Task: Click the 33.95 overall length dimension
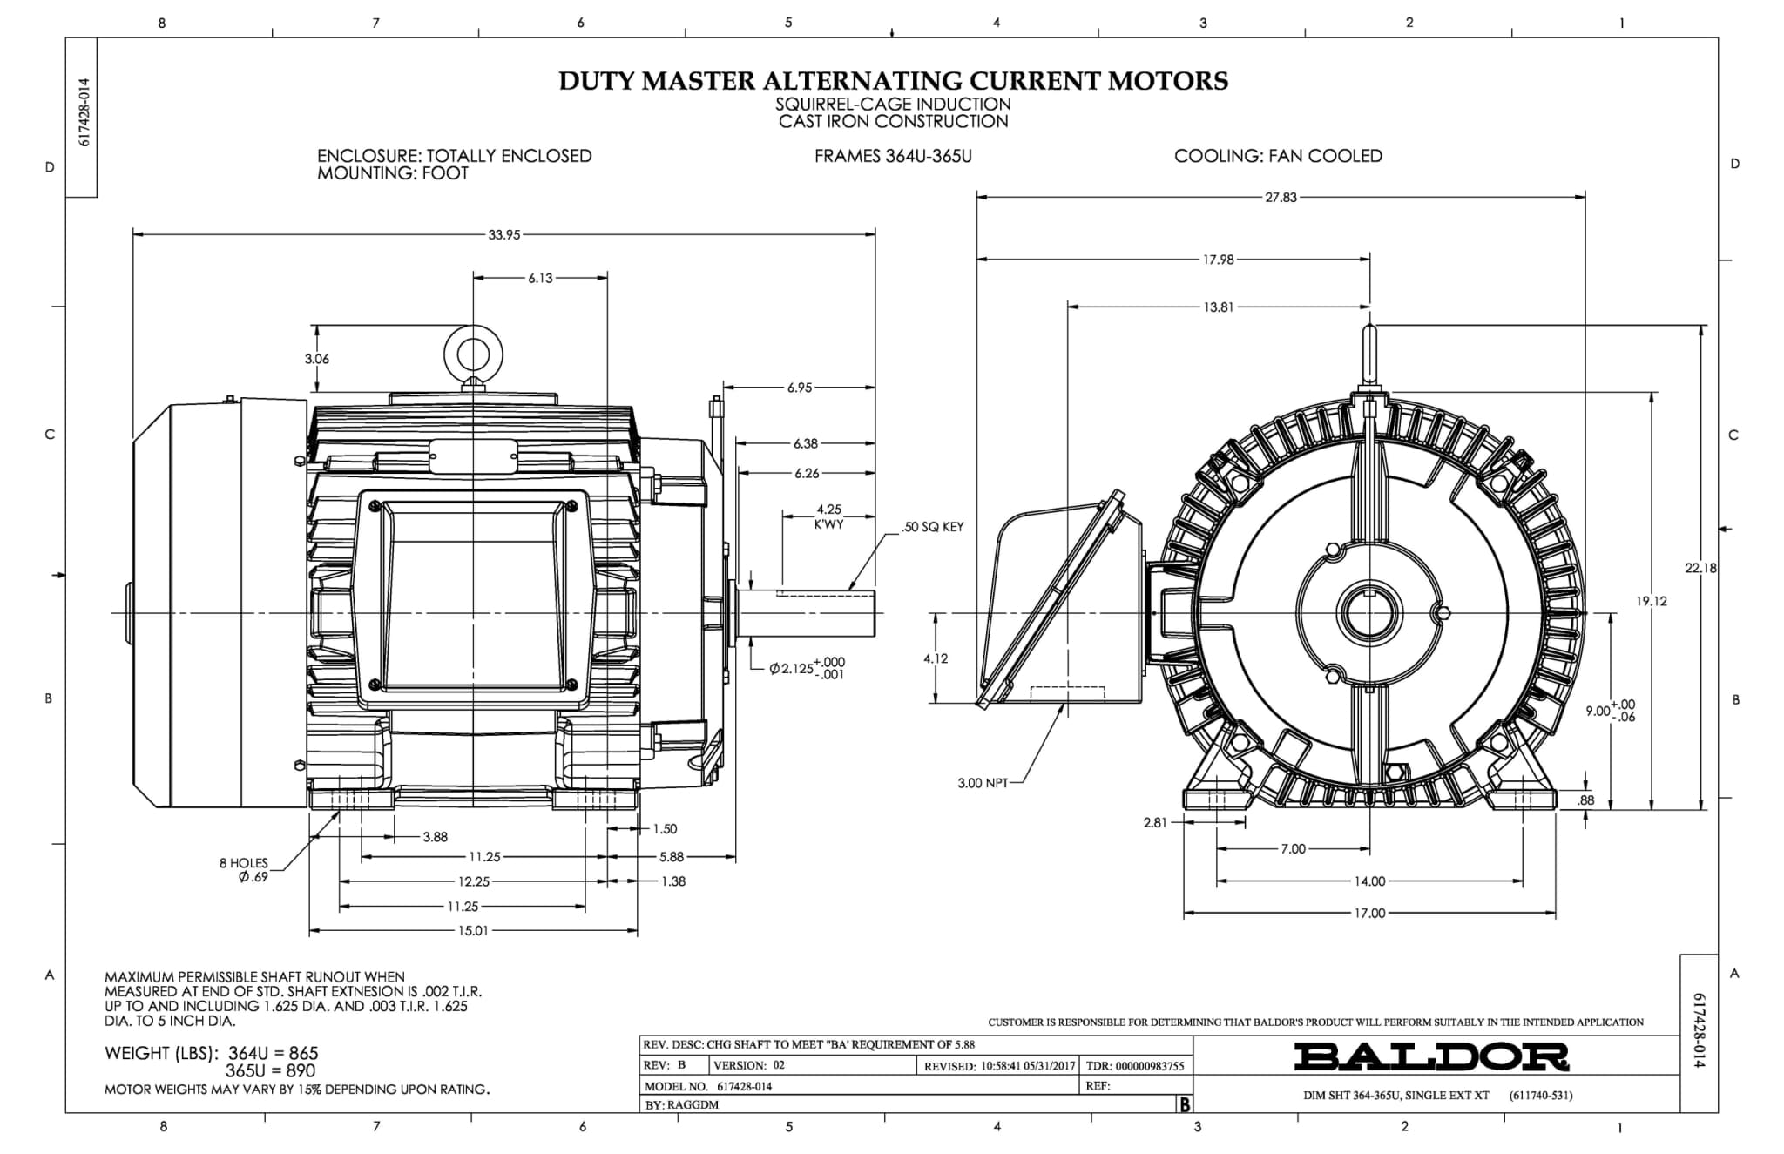coord(504,234)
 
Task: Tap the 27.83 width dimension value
coord(1281,198)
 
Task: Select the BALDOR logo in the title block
coord(1431,1056)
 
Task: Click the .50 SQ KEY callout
coord(932,527)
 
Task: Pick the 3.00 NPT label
coord(983,783)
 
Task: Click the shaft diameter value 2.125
coord(794,669)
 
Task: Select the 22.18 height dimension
coord(1700,568)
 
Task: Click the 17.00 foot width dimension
coord(1369,913)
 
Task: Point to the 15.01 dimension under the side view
coord(473,930)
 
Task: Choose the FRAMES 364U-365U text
coord(893,156)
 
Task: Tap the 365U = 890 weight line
coord(270,1070)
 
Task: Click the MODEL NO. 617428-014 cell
coord(708,1086)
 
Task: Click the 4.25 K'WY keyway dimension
coord(828,516)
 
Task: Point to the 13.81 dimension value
coord(1218,307)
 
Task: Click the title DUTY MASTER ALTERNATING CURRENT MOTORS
coord(893,81)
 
